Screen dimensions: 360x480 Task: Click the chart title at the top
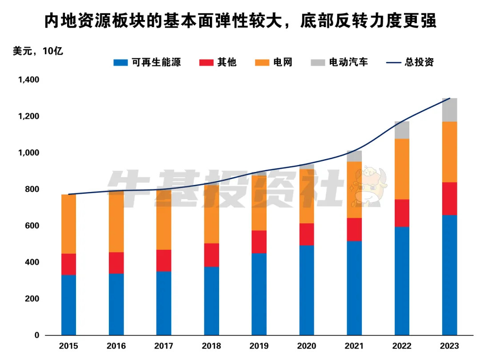pos(240,21)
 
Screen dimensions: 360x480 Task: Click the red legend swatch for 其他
pos(206,62)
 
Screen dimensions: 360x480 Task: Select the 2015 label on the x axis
pos(68,346)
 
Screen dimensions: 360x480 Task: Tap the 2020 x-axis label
pos(307,346)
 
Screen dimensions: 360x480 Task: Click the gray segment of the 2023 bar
pos(449,110)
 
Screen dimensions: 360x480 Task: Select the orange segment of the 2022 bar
pos(402,169)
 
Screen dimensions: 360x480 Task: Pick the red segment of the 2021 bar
pos(354,229)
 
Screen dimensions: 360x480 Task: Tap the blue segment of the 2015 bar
pos(68,305)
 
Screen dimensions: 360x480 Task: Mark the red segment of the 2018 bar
pos(212,255)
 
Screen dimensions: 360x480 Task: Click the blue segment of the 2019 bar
pos(259,294)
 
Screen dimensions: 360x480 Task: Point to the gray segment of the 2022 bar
pos(402,130)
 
